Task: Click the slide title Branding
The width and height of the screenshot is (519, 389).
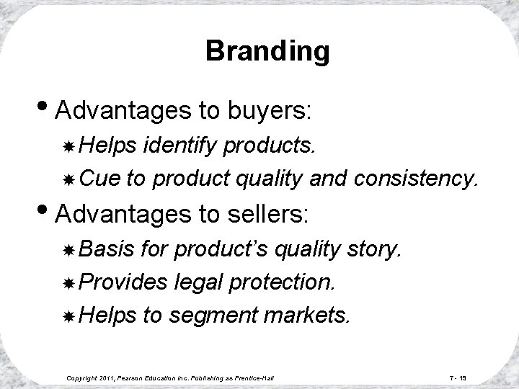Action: coord(267,51)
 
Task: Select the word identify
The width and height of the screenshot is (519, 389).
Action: coord(182,146)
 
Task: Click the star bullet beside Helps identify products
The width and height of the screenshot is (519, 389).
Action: coord(70,147)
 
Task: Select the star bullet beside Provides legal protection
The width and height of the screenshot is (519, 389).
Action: coord(70,282)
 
